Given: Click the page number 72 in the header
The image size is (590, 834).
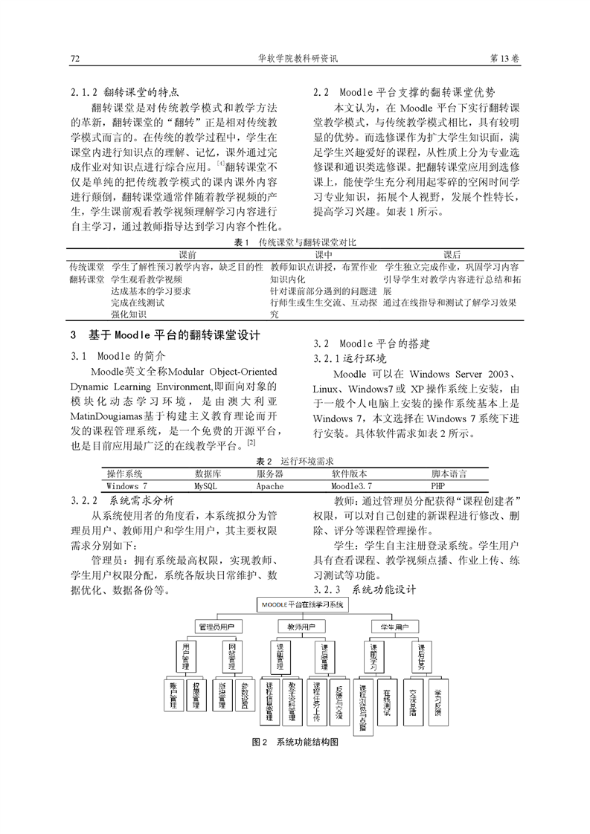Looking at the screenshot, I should pyautogui.click(x=74, y=58).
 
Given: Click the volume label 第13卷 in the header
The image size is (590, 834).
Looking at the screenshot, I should pyautogui.click(x=504, y=58).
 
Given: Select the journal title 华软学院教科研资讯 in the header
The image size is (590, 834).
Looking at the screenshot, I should pyautogui.click(x=297, y=58).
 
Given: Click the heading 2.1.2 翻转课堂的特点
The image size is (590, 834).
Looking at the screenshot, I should pyautogui.click(x=125, y=93).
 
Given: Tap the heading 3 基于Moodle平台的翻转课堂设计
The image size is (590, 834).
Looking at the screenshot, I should pyautogui.click(x=164, y=335).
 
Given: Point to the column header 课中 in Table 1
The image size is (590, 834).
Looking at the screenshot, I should pyautogui.click(x=324, y=254).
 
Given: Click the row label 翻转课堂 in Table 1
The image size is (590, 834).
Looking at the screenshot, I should pyautogui.click(x=87, y=279).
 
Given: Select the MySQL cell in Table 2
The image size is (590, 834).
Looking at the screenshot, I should pyautogui.click(x=205, y=485).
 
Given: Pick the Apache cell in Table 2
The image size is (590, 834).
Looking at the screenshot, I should pyautogui.click(x=269, y=485).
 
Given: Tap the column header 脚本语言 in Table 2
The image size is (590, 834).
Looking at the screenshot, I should pyautogui.click(x=449, y=473).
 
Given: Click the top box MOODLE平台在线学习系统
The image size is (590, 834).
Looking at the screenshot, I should pyautogui.click(x=302, y=605).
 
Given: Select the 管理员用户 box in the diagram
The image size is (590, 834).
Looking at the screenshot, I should pyautogui.click(x=216, y=627).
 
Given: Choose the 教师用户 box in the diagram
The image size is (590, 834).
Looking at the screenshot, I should pyautogui.click(x=301, y=627).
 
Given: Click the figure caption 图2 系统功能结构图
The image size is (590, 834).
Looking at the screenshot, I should pyautogui.click(x=296, y=743).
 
